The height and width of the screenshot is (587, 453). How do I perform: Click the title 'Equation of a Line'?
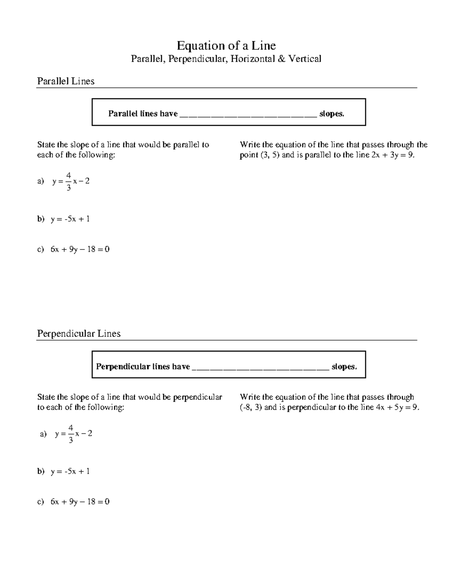click(226, 46)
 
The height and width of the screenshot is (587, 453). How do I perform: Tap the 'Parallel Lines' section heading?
click(66, 81)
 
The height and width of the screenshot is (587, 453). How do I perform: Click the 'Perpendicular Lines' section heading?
click(79, 333)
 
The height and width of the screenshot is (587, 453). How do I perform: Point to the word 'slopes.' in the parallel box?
click(332, 114)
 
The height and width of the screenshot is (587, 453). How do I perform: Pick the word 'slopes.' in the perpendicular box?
click(344, 367)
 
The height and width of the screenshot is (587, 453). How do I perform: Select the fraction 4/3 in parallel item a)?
click(68, 181)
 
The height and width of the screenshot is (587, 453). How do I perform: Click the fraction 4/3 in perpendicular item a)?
click(71, 434)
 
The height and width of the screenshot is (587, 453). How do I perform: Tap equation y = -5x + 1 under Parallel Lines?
click(70, 219)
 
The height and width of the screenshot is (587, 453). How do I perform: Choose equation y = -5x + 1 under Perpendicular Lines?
click(70, 471)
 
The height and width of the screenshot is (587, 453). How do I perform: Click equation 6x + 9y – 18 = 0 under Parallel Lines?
click(80, 249)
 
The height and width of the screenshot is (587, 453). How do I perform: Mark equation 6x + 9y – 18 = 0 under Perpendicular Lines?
click(80, 502)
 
